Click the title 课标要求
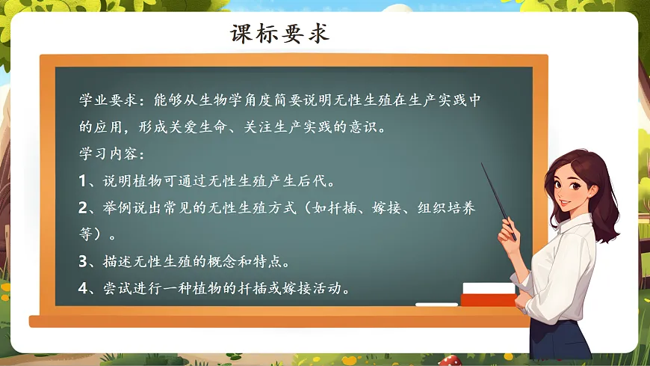coord(280,34)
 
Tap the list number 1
coord(84,180)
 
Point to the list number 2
coord(84,207)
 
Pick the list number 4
coord(84,288)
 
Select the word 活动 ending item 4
coord(332,288)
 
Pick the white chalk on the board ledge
coord(436,305)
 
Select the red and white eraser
coord(489,294)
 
